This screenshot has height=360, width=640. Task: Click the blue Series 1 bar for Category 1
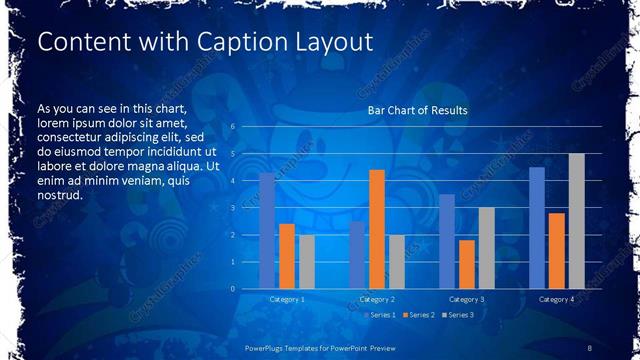[267, 231]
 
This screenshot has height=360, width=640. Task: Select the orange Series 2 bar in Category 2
[377, 229]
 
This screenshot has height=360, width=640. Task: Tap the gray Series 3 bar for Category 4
[577, 221]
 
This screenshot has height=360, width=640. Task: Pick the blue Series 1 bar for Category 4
[537, 228]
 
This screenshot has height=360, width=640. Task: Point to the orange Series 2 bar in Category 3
[467, 264]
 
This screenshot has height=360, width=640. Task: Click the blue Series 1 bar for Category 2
[357, 255]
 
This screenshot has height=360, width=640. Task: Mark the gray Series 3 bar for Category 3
[487, 248]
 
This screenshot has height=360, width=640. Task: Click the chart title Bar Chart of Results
[418, 110]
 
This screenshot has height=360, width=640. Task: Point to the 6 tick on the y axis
[232, 127]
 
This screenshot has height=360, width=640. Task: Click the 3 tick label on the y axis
[232, 208]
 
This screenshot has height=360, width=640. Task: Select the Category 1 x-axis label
[287, 299]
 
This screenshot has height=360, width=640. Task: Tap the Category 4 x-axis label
[556, 299]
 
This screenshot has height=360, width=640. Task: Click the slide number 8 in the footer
[591, 347]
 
